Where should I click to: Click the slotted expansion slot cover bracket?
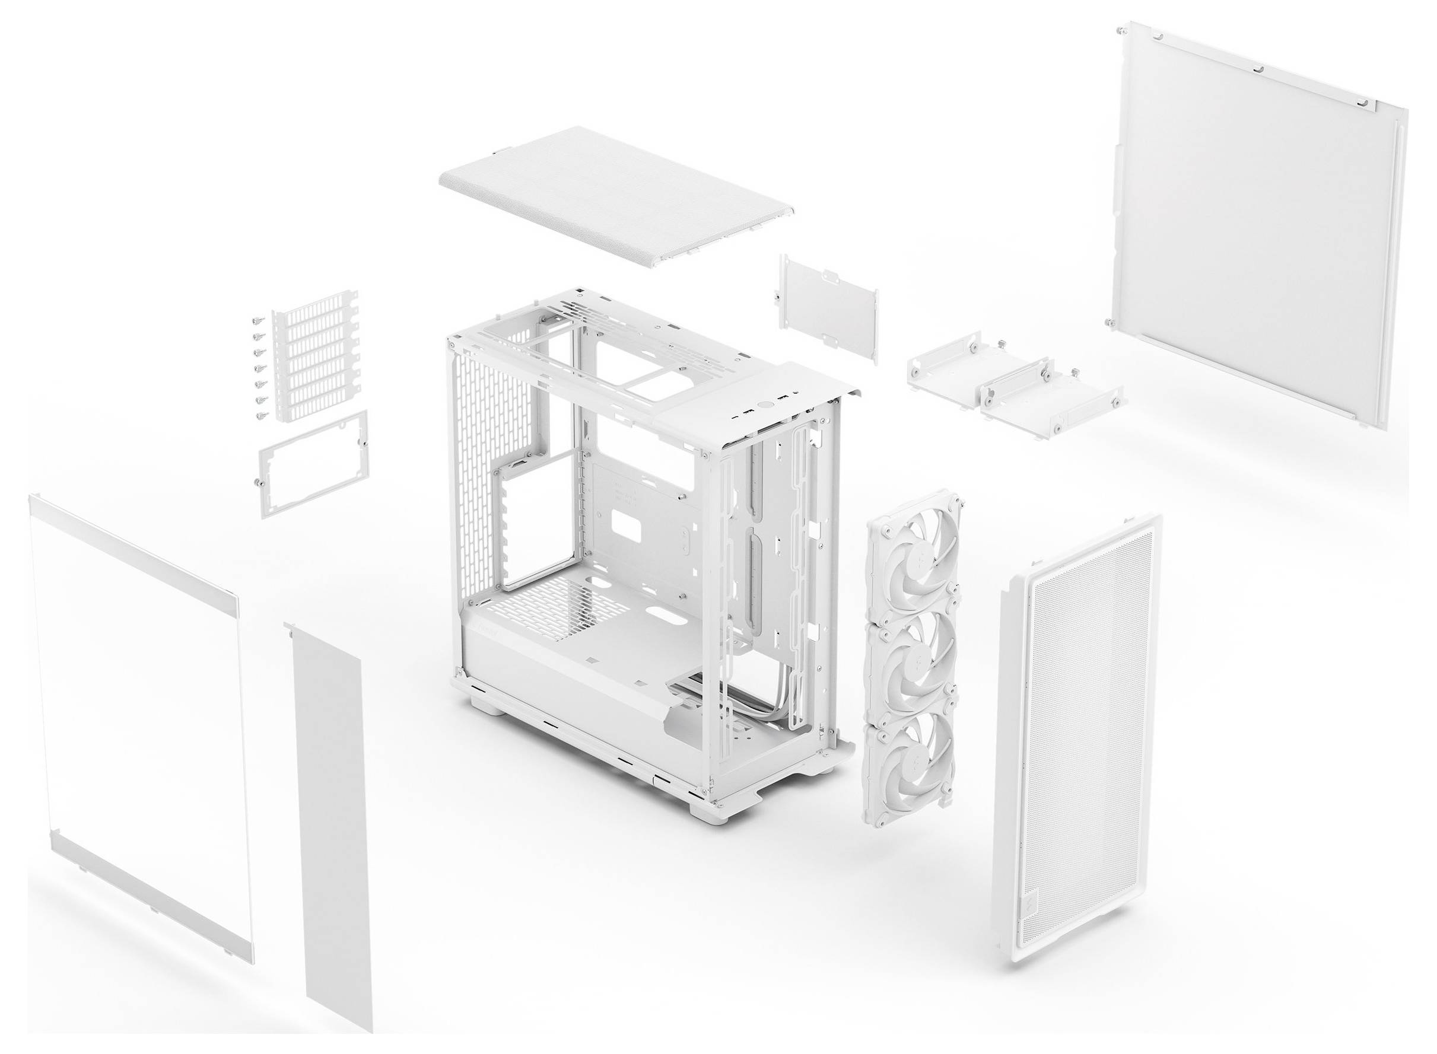(x=315, y=355)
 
